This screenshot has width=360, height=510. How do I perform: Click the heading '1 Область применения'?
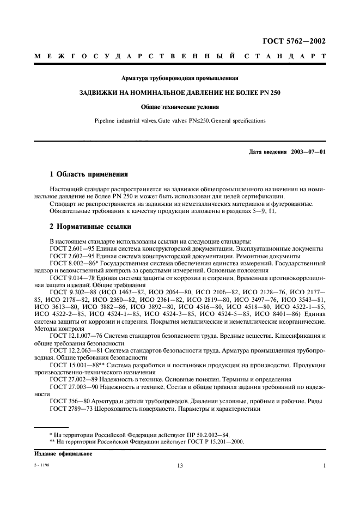coord(89,175)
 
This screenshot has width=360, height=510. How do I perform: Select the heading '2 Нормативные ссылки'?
coord(89,227)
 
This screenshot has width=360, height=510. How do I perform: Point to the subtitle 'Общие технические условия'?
coord(179,107)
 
